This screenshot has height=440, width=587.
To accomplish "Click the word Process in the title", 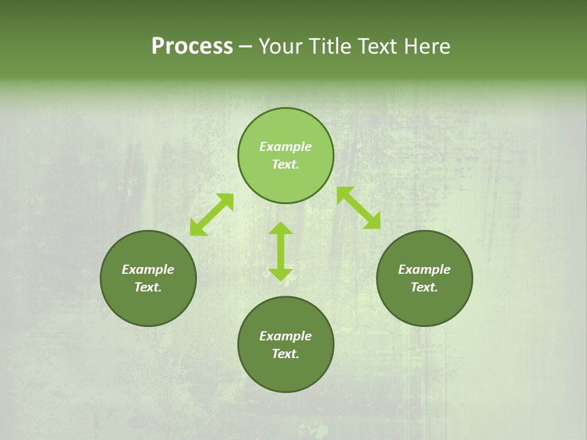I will coord(192,46).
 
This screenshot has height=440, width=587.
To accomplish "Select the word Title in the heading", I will coord(331,46).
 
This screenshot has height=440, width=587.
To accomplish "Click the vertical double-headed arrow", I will coord(281,251).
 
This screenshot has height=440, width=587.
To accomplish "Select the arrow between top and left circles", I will coord(212,215).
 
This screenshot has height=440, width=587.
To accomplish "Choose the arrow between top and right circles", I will coord(358,208).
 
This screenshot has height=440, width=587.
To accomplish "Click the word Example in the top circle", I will coord(286,147).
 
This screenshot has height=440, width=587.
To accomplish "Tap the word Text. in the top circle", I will coord(286,164).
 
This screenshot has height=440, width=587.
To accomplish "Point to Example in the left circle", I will coord(148,269).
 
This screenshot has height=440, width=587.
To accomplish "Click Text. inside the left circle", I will coord(148,287).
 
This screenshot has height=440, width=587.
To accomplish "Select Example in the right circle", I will coord(424,269).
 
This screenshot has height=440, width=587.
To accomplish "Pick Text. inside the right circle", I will coord(424,287).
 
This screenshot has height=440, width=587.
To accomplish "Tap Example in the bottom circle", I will coord(286,336).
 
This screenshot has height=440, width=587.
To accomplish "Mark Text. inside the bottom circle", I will coord(286,354).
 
